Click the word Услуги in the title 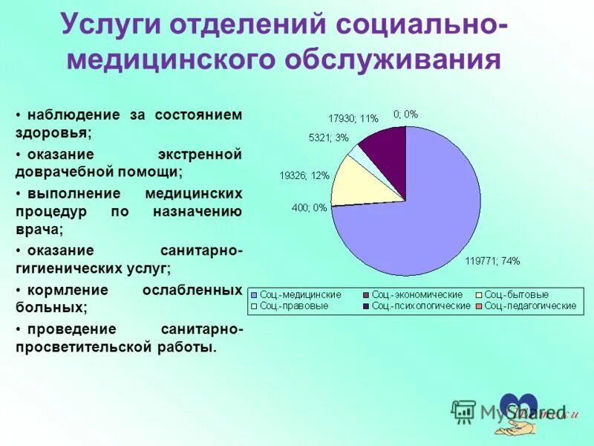coord(110,24)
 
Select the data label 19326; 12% coord(304,175)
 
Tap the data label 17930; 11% coord(353,117)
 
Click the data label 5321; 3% coord(328,138)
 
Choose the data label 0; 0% coord(406,114)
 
